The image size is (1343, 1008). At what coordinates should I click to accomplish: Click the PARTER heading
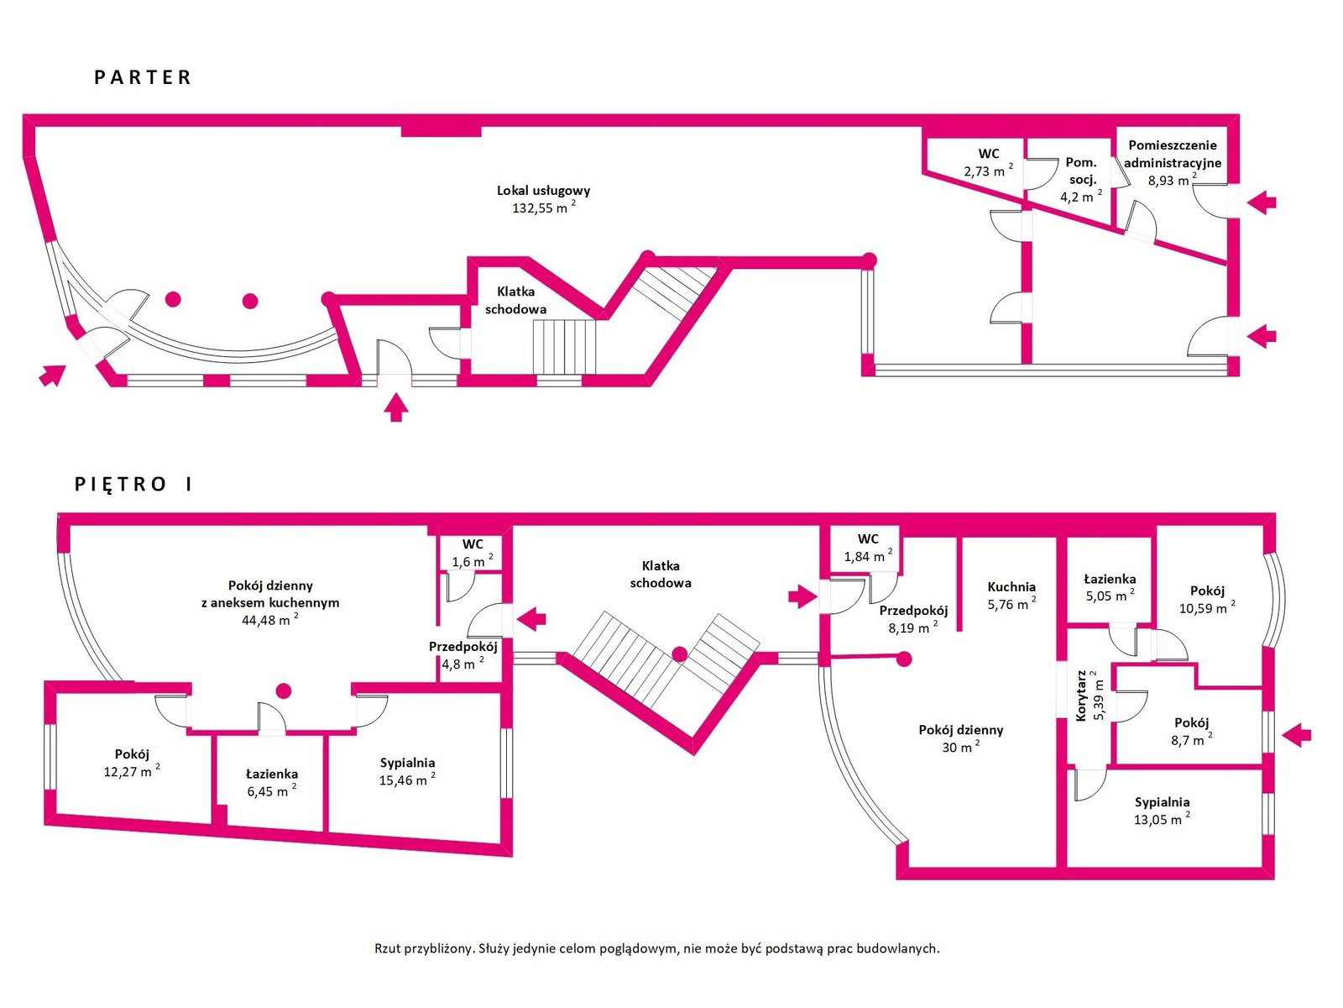tap(143, 77)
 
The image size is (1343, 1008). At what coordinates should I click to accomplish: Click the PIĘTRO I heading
tap(133, 484)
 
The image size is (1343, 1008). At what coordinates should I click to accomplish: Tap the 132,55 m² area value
tap(543, 207)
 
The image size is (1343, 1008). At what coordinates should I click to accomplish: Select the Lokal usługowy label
tap(543, 191)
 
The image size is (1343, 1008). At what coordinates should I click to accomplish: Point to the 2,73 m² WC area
tap(988, 171)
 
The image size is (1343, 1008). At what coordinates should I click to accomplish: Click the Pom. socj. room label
tap(1081, 171)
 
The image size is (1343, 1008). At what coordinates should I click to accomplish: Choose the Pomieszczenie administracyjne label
tap(1173, 155)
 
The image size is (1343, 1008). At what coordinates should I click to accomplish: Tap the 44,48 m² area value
tap(269, 619)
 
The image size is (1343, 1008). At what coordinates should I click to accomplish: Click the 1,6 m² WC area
tap(473, 560)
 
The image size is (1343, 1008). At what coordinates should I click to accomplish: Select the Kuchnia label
tap(1011, 586)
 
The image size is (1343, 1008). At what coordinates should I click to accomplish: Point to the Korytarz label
tap(1080, 696)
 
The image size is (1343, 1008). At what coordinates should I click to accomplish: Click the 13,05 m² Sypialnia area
tap(1162, 819)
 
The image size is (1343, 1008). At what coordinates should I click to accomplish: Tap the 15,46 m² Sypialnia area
tap(407, 780)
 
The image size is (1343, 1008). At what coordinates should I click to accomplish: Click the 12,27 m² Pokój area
tap(132, 771)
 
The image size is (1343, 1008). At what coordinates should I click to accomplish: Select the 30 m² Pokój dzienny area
tap(960, 747)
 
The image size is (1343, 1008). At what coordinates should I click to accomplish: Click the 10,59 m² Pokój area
tap(1206, 607)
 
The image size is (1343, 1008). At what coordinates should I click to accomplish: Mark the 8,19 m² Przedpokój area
tap(913, 627)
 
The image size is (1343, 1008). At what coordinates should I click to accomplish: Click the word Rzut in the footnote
tap(387, 948)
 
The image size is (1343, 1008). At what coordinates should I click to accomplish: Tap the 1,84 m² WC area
tap(868, 556)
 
